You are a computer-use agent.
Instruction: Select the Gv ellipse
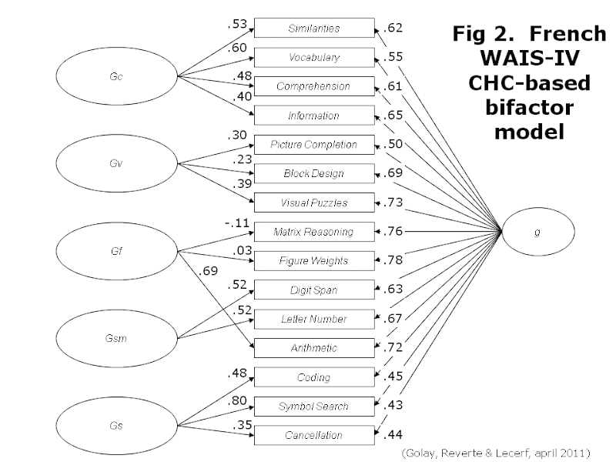tap(116, 162)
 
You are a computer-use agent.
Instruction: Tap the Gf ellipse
tap(116, 250)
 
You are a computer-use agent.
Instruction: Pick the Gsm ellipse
tap(116, 337)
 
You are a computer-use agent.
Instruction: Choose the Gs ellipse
tap(116, 424)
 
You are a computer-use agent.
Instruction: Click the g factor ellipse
tap(537, 231)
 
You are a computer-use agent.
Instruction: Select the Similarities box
tap(313, 28)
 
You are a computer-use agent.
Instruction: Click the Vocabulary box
tap(313, 58)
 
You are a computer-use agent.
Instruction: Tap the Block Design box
tap(313, 174)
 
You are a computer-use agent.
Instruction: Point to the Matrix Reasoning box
tap(313, 232)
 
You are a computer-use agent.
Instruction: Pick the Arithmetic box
tap(313, 348)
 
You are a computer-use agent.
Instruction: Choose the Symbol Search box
tap(313, 406)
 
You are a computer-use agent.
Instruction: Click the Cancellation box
tap(313, 435)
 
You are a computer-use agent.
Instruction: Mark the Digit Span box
tap(313, 290)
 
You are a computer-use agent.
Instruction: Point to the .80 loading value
tap(236, 401)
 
